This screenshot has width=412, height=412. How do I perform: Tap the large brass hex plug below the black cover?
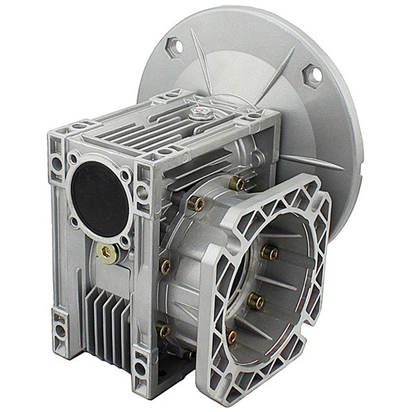pyautogui.click(x=106, y=253)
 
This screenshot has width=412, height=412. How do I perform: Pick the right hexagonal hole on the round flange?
pyautogui.click(x=312, y=76)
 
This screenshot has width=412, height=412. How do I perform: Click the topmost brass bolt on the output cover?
pyautogui.click(x=236, y=182)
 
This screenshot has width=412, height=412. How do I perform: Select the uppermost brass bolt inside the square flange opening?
pyautogui.click(x=269, y=251)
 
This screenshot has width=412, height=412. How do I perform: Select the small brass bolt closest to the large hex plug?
pyautogui.click(x=166, y=265)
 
